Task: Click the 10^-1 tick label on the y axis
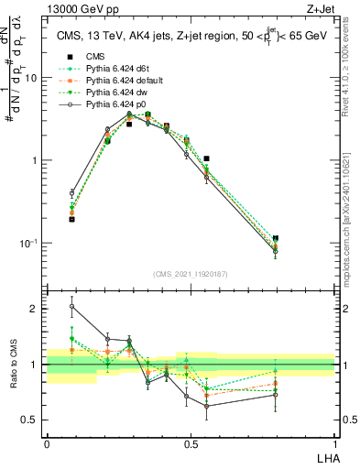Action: [x=29, y=243]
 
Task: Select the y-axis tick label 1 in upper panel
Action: [x=36, y=160]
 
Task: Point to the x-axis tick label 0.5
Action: [x=191, y=443]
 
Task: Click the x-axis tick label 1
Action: [x=334, y=443]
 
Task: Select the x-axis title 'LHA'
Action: [x=325, y=458]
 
